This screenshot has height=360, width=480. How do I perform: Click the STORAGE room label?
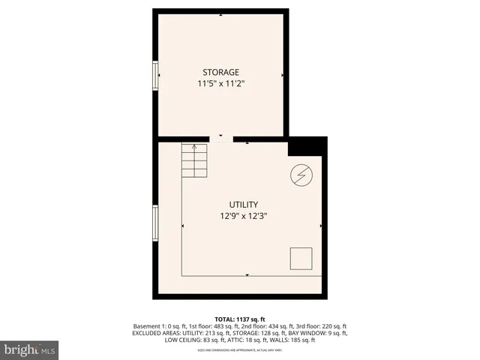tap(220, 72)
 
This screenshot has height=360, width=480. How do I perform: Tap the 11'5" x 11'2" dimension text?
tap(220, 84)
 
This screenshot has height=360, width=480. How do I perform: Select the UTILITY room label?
tap(244, 204)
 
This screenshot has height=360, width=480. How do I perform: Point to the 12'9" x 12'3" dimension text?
tap(244, 216)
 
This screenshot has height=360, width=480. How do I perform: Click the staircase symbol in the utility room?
tap(194, 160)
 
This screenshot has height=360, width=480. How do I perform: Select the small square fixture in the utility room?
tap(301, 257)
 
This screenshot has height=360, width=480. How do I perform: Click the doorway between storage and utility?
tap(221, 139)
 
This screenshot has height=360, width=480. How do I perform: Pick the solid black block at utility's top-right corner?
tap(307, 145)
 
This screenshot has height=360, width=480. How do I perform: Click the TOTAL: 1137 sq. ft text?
tap(241, 319)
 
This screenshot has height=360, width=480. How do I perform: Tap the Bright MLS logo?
tap(29, 349)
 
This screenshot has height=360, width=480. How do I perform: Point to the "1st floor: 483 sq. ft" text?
tap(205, 326)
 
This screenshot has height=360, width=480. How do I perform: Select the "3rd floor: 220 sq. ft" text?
tap(318, 326)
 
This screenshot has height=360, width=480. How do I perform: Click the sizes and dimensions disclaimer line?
tap(240, 349)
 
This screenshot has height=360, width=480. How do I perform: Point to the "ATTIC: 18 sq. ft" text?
tap(244, 340)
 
